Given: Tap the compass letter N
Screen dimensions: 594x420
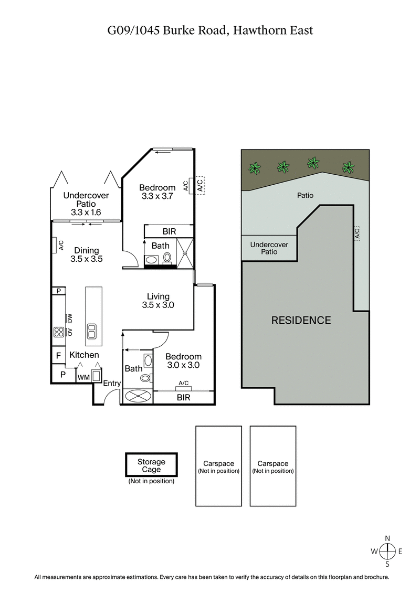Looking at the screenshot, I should [x=387, y=538].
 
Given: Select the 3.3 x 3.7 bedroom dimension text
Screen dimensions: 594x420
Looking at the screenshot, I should [x=157, y=197].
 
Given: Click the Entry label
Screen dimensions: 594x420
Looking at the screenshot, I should [x=112, y=384].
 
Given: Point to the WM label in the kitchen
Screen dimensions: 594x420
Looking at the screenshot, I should [x=83, y=377].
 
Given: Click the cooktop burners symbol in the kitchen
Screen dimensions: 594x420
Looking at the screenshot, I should [x=58, y=331].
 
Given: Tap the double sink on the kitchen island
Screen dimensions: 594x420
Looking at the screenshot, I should [x=92, y=331].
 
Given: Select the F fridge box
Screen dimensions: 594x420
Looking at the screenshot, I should [x=58, y=356].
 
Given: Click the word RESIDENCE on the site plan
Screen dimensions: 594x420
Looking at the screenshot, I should [x=301, y=320].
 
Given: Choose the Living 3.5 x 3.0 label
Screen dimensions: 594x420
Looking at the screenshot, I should [x=158, y=301].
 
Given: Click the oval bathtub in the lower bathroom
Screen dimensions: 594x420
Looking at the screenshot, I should [x=137, y=396].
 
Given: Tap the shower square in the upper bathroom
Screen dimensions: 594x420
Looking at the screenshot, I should [x=185, y=253].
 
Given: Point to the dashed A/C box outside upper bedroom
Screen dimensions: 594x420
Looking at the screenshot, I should [x=199, y=185].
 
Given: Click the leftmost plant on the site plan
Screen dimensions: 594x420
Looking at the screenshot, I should [x=255, y=168].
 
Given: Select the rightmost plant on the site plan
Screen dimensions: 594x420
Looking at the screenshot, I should [x=348, y=167].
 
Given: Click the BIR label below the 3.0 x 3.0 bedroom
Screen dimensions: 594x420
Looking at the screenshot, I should [x=184, y=398].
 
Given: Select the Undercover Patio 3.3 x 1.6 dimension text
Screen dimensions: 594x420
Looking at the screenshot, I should [x=86, y=213].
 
